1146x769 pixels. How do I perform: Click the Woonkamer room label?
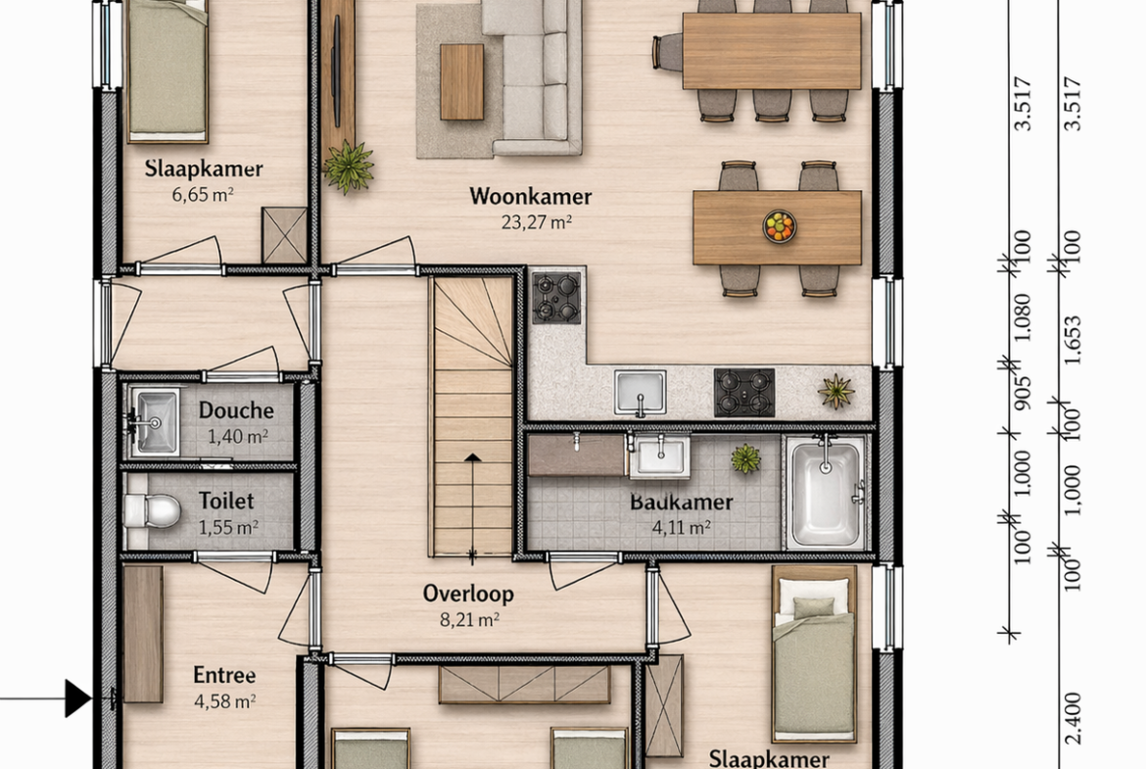pos(531,196)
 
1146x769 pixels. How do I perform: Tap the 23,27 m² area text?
pos(536,222)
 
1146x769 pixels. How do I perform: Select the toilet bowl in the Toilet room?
pos(151,510)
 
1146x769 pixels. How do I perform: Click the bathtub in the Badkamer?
pos(826,494)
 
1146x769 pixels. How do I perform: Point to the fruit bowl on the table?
pos(779,226)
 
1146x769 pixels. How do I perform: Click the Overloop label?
pos(468,594)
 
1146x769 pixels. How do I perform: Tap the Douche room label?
pos(236,410)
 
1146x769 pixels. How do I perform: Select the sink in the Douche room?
pos(154,422)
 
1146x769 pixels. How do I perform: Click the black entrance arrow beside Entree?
pos(77,698)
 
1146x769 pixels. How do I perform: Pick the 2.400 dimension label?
pos(1073,718)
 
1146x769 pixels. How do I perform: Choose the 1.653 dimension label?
pos(1072,340)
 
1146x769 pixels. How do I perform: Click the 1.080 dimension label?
pos(1023,317)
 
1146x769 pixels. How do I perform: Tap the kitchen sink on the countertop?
pos(641,392)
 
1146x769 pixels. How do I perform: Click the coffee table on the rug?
pos(462,82)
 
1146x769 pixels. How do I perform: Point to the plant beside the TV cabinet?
pos(348,166)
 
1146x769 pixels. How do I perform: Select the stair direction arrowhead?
pos(473,457)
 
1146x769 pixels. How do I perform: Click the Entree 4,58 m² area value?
pos(224,701)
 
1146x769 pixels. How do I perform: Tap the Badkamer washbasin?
pos(660,456)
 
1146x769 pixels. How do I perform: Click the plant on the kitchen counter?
pos(836,391)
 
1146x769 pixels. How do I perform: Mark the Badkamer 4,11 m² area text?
pos(681,528)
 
